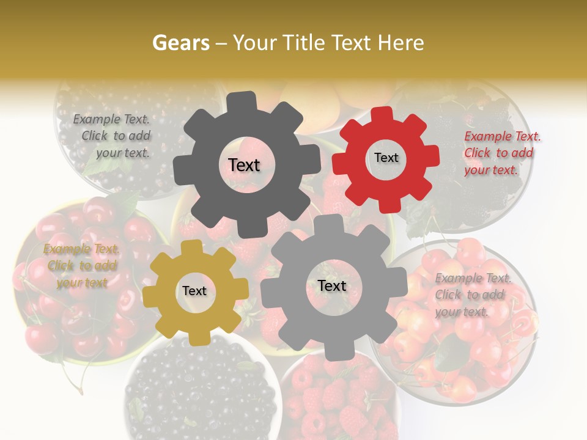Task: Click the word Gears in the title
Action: click(x=179, y=43)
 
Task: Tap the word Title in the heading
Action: click(x=305, y=43)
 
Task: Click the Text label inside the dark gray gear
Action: click(x=244, y=165)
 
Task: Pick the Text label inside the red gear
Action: click(x=386, y=158)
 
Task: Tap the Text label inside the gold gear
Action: click(x=194, y=291)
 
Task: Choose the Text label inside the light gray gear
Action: click(x=331, y=285)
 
